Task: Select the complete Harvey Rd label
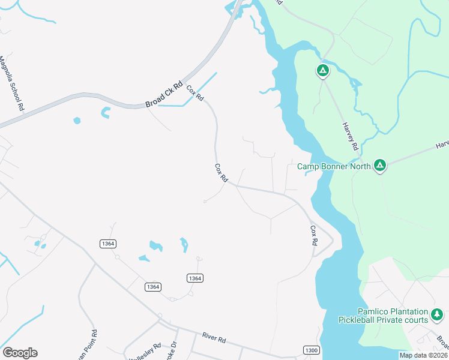pos(351,136)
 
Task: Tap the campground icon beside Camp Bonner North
pos(379,165)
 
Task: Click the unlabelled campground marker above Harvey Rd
pos(323,71)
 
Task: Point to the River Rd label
pos(214,339)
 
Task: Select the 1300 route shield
pos(311,350)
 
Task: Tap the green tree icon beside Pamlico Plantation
pos(438,314)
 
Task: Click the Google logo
pos(20,353)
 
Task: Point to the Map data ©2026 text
pos(423,355)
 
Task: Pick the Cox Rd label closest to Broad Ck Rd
pos(195,93)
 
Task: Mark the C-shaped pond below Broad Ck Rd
pos(106,112)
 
